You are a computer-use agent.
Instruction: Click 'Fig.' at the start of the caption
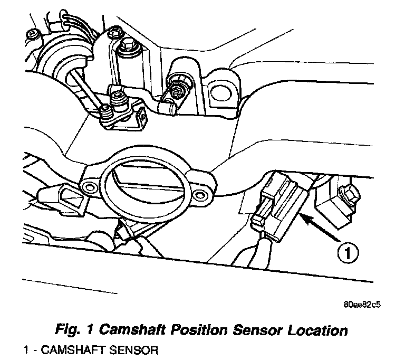69,331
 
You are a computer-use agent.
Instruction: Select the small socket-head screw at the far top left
33,35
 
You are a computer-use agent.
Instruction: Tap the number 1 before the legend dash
25,349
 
